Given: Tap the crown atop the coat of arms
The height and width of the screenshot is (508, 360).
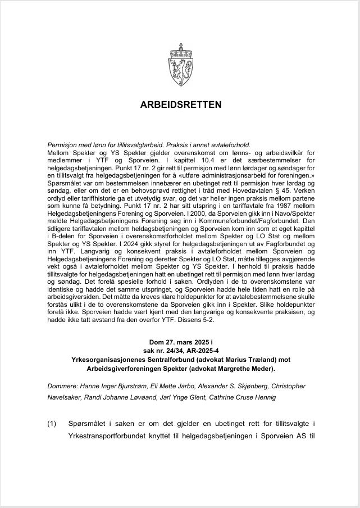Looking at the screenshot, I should point(180,48).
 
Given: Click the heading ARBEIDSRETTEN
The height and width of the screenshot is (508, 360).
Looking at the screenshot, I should point(180,105).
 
